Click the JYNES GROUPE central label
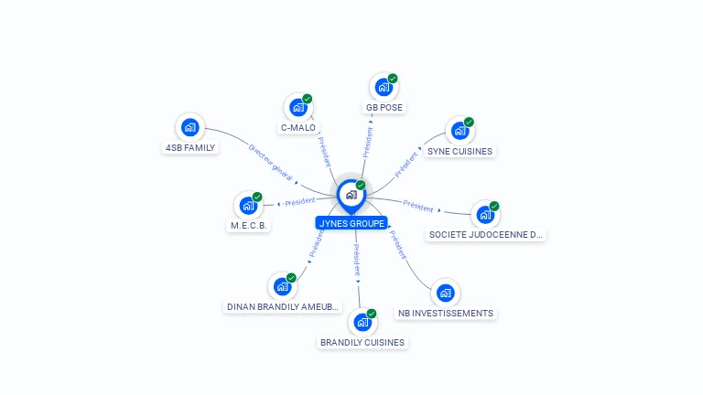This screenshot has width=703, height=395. [351, 223]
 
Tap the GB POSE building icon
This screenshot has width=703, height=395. [384, 88]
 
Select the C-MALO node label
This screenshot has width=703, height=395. [298, 128]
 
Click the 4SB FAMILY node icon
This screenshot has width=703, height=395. [189, 127]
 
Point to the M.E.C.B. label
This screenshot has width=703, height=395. [249, 225]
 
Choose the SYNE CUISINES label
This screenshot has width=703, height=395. [460, 151]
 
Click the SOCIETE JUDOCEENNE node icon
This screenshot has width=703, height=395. [484, 215]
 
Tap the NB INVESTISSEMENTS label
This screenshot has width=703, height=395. [445, 313]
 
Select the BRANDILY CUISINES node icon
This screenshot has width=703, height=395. [362, 322]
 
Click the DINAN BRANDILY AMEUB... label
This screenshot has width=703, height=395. [282, 306]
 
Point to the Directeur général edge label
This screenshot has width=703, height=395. [271, 163]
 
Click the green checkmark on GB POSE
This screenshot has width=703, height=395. [393, 79]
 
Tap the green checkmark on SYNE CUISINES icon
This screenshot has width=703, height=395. [469, 122]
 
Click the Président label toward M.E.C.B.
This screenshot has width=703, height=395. [299, 202]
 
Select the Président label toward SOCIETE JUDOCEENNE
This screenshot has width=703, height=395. [418, 207]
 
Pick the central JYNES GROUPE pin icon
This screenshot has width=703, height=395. [351, 195]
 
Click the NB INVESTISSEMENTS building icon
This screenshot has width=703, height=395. [445, 293]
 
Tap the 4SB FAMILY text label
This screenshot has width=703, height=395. [189, 147]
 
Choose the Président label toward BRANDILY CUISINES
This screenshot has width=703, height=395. [357, 260]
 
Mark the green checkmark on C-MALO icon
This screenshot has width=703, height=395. [308, 99]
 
